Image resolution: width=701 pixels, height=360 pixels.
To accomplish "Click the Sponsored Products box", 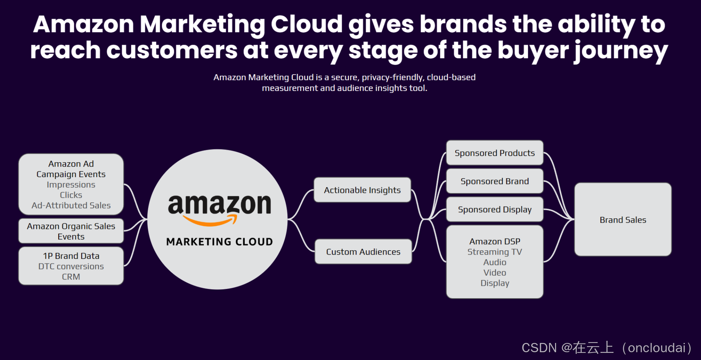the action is pyautogui.click(x=495, y=153).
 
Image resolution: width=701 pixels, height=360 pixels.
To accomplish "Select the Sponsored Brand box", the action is pyautogui.click(x=495, y=181).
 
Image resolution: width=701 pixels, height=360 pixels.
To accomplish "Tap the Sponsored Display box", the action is pyautogui.click(x=495, y=209).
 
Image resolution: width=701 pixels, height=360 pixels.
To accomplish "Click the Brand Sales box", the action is pyautogui.click(x=623, y=220).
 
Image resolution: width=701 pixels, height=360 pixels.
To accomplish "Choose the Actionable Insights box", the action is pyautogui.click(x=362, y=190).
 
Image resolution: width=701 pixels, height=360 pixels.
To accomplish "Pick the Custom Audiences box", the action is pyautogui.click(x=363, y=252).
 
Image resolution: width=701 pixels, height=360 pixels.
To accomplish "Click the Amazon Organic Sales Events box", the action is pyautogui.click(x=71, y=231).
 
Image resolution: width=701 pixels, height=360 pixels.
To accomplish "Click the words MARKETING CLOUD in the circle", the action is pyautogui.click(x=219, y=242).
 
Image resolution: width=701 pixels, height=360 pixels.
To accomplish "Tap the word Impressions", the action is pyautogui.click(x=71, y=185).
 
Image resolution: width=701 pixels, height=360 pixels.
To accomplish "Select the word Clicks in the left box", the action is pyautogui.click(x=71, y=195).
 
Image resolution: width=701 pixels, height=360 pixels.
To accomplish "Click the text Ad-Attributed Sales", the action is pyautogui.click(x=71, y=206).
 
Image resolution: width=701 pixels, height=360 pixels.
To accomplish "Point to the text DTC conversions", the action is pyautogui.click(x=71, y=266).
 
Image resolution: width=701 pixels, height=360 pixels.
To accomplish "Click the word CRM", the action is pyautogui.click(x=71, y=277).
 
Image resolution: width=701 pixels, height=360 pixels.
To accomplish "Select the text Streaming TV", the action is pyautogui.click(x=495, y=252).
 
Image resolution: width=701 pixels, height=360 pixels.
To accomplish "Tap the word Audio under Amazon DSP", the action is pyautogui.click(x=495, y=262).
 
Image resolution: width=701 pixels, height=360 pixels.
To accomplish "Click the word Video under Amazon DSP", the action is pyautogui.click(x=495, y=273).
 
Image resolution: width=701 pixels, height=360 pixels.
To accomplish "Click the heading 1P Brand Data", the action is pyautogui.click(x=71, y=256).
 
